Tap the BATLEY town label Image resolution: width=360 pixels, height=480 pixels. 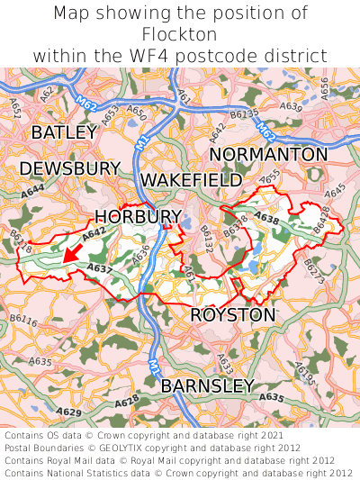(x=63, y=132)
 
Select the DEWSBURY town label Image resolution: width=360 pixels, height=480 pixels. (x=69, y=168)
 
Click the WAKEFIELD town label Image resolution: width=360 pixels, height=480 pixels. (x=191, y=179)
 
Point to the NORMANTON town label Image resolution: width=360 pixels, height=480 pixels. (x=268, y=155)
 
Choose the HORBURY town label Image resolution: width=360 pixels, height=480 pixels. (x=138, y=216)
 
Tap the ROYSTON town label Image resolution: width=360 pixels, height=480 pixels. (x=232, y=315)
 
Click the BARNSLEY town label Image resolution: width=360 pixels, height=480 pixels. (x=207, y=385)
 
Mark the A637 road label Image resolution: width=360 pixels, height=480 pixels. (x=100, y=268)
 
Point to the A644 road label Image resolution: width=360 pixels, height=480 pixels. (x=33, y=191)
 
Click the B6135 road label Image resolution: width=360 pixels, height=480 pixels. (x=244, y=114)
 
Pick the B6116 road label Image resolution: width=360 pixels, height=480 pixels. (x=23, y=321)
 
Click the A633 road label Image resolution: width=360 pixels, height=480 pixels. (x=225, y=363)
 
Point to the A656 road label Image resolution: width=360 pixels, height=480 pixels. (x=324, y=87)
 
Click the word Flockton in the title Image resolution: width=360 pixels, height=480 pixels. (x=179, y=34)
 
